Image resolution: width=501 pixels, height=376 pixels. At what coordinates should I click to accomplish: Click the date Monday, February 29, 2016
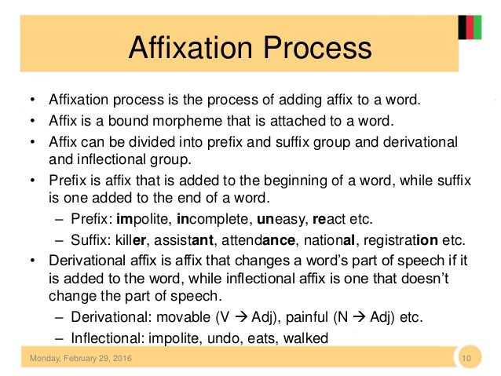click(x=81, y=360)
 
